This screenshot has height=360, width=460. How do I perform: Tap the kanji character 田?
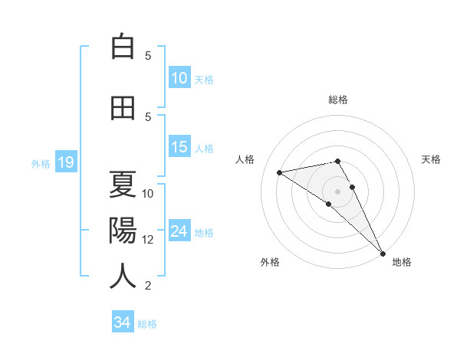[x=123, y=108]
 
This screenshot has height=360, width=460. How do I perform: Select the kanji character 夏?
[x=123, y=184]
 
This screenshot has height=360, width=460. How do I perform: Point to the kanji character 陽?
[x=123, y=230]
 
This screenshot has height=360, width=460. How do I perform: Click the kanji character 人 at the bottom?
[x=123, y=276]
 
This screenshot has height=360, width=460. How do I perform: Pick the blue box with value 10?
[x=179, y=78]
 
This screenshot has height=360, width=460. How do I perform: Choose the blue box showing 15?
[x=179, y=148]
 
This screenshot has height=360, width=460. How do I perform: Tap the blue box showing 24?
[x=179, y=232]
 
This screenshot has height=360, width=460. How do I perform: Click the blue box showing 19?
[x=65, y=162]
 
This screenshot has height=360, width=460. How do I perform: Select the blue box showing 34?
[x=122, y=322]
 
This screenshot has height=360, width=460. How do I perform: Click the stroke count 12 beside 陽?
[x=148, y=239]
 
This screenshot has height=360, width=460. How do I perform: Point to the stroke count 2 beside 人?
[x=148, y=286]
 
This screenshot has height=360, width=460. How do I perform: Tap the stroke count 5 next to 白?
[x=148, y=55]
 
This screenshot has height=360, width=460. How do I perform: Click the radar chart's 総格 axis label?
[x=338, y=100]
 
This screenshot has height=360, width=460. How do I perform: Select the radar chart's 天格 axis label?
[x=431, y=159]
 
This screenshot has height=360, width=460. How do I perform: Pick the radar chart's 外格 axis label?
[x=270, y=262]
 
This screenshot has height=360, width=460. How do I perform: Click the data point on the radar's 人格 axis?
[x=280, y=172]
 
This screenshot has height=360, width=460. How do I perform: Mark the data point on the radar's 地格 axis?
[x=383, y=253]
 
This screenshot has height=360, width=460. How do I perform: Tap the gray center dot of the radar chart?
[x=338, y=191]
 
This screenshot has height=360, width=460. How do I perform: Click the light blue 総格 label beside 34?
[x=147, y=324]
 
